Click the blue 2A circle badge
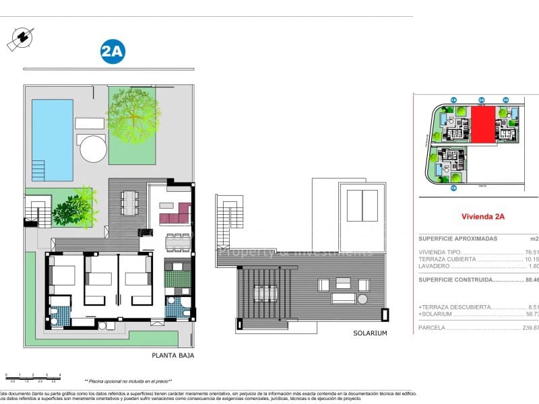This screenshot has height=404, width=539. click(x=113, y=52)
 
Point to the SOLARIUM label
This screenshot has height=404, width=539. click(x=370, y=333)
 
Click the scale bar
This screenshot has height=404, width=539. click(x=32, y=378)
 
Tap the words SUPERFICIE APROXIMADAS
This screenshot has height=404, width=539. click(x=457, y=238)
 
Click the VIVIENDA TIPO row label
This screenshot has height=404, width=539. click(x=439, y=252)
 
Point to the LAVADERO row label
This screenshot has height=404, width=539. click(x=435, y=265)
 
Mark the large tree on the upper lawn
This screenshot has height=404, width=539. click(x=133, y=112)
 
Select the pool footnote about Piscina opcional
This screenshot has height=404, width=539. click(x=128, y=381)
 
